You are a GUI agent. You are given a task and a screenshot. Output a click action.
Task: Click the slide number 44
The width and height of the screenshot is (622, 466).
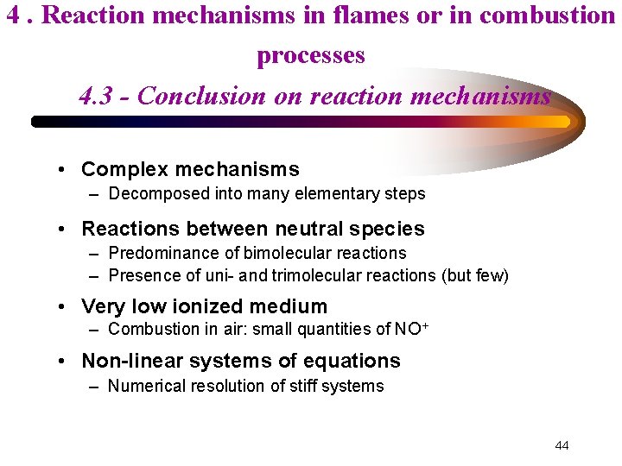(562, 445)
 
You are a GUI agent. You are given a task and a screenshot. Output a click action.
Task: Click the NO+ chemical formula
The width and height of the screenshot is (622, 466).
(412, 328)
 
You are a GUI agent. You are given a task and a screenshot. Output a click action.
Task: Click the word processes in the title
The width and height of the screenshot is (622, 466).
(311, 55)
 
